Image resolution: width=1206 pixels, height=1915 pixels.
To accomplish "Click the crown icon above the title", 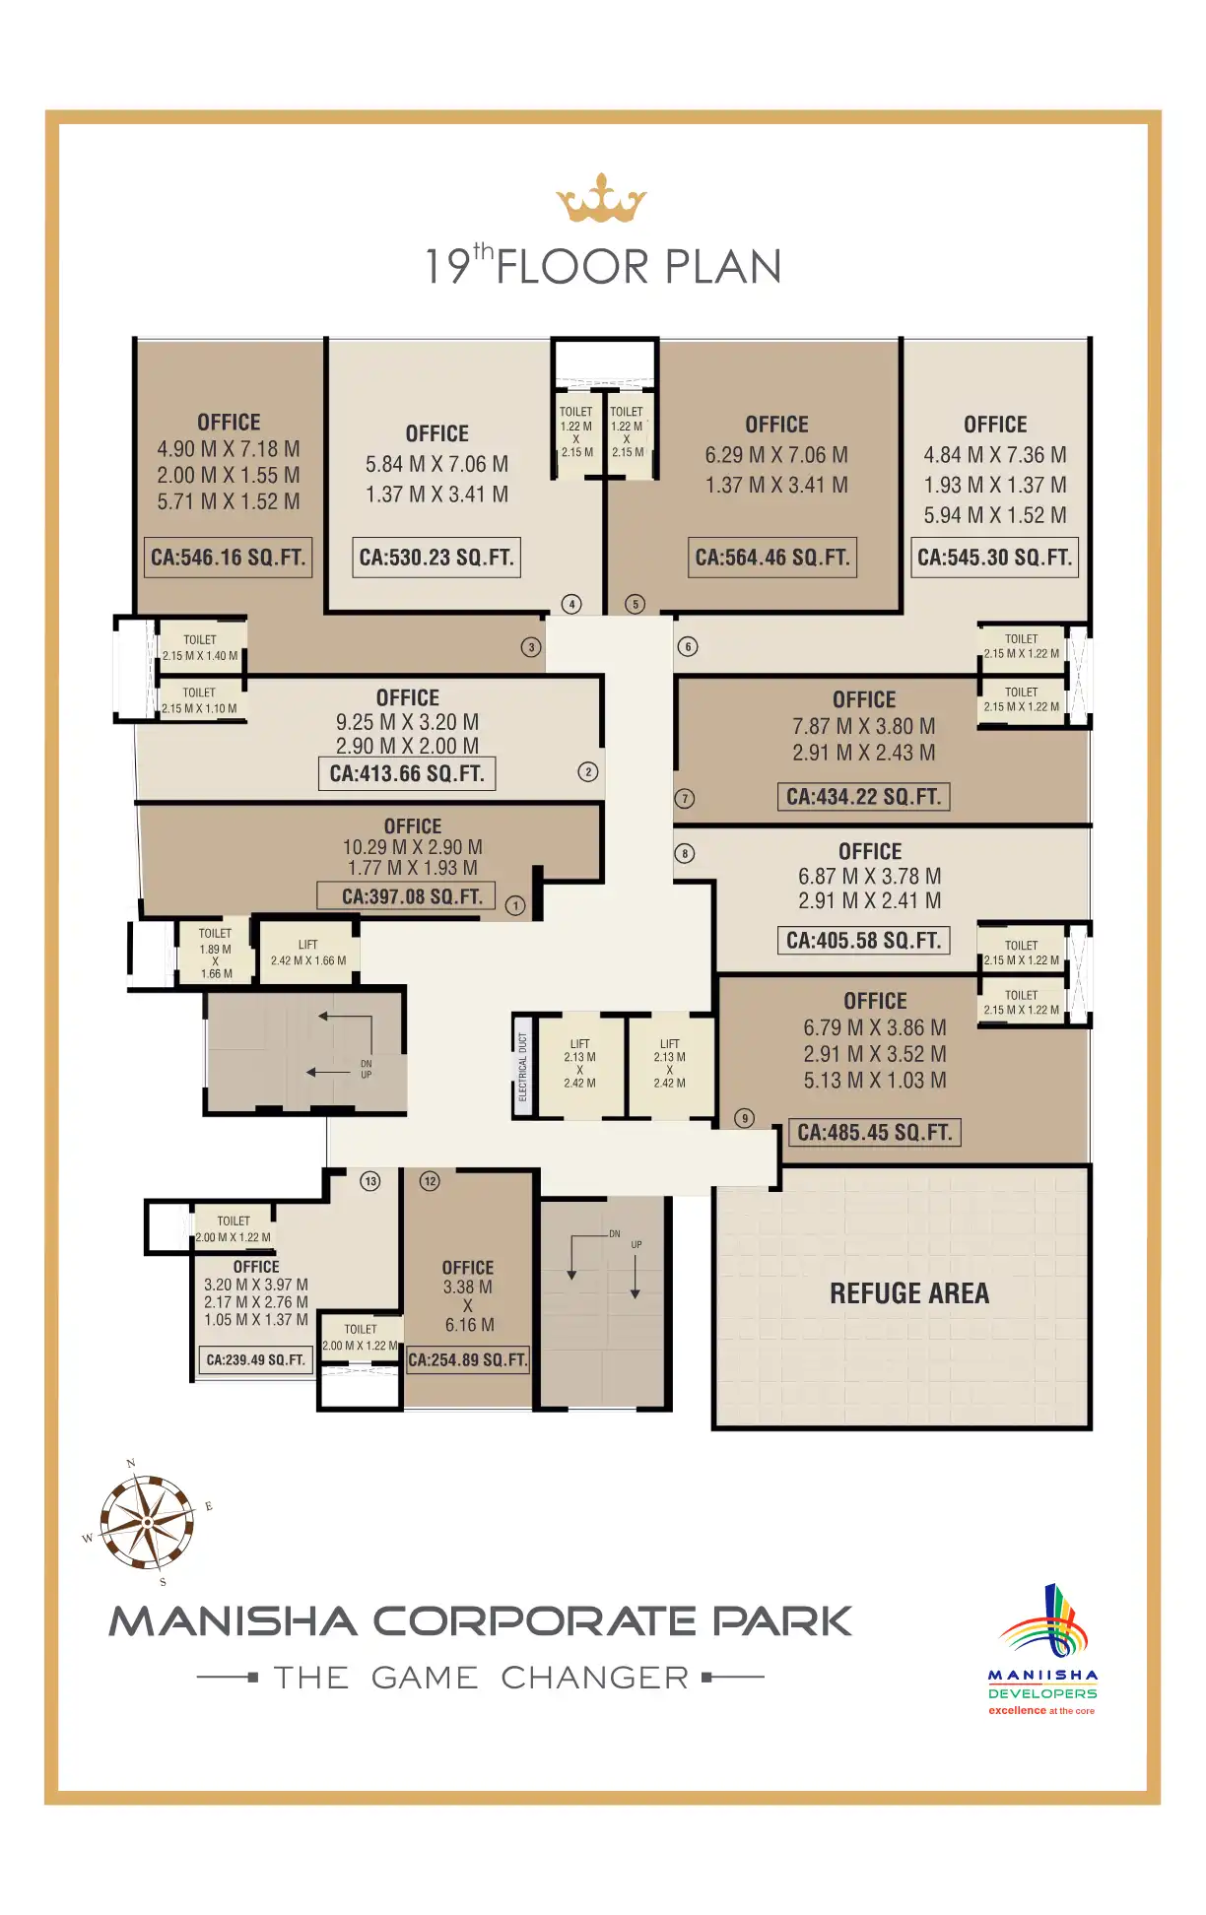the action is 601,199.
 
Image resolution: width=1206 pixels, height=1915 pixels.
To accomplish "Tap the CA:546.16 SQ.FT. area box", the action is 229,558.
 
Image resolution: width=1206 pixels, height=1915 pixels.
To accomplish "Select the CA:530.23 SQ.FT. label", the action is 436,558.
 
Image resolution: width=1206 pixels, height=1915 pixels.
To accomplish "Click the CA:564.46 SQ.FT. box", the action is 772,558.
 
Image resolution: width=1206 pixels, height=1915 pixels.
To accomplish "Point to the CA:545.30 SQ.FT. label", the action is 994,558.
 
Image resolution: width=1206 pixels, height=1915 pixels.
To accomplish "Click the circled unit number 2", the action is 588,772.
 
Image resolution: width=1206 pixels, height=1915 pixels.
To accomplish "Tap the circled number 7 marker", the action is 685,799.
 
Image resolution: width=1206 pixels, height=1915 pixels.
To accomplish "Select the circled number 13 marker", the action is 370,1181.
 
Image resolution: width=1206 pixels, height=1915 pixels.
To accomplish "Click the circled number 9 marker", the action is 745,1118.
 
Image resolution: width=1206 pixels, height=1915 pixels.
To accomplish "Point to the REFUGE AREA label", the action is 909,1293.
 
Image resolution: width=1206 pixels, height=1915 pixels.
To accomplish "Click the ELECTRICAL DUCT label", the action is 523,1067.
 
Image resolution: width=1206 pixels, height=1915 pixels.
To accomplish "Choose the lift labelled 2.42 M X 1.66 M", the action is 308,953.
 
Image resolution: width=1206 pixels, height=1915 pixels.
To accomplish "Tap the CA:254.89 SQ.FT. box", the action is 468,1360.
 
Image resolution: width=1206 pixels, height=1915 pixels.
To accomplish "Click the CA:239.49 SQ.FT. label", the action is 256,1360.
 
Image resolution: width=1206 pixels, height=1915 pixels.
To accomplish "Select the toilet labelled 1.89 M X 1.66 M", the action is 216,953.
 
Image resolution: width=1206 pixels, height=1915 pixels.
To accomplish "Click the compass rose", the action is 148,1522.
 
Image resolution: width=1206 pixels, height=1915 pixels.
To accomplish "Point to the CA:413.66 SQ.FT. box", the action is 407,774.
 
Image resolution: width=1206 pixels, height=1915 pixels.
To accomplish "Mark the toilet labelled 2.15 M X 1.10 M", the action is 200,700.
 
